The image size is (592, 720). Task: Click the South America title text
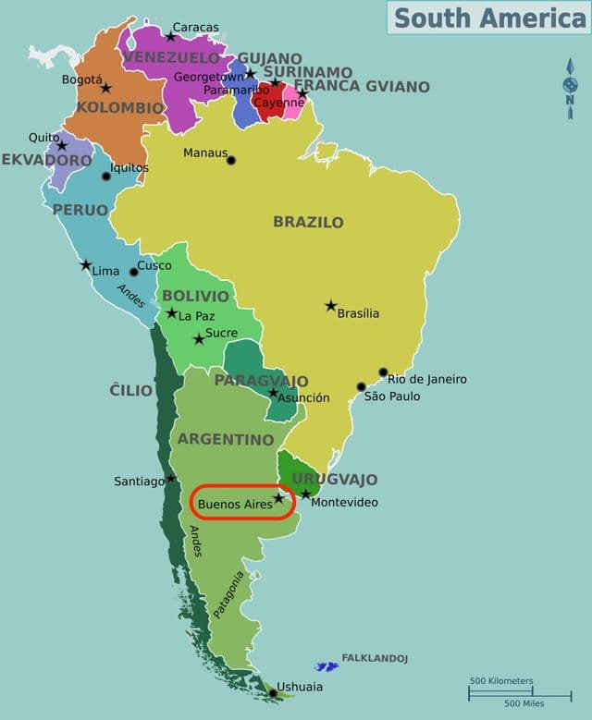click(489, 17)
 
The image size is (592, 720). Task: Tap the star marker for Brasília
click(330, 305)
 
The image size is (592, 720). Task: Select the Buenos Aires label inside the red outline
click(235, 504)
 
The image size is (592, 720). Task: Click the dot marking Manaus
click(231, 160)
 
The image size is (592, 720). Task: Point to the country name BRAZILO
click(308, 222)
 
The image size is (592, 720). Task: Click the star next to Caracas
click(170, 37)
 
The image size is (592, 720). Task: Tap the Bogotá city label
click(81, 79)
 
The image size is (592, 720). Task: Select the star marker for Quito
click(62, 146)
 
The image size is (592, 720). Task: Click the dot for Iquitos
click(106, 176)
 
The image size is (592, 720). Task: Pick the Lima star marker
click(85, 265)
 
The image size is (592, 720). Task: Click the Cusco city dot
click(133, 272)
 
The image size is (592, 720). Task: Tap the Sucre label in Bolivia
click(221, 333)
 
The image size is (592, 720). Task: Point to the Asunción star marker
click(273, 393)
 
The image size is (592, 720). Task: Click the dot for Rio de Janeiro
click(383, 372)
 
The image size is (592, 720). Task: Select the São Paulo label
click(392, 397)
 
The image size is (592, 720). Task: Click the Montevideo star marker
click(305, 494)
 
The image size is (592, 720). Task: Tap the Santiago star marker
click(171, 479)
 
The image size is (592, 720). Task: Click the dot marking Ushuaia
click(272, 693)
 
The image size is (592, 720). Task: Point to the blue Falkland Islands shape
click(327, 665)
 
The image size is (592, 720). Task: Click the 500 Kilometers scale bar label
click(501, 681)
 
